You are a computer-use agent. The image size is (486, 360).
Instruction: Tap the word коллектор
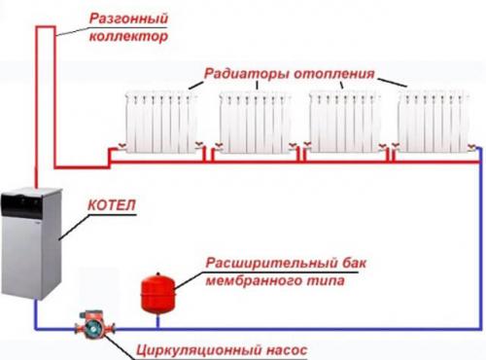tap(121, 38)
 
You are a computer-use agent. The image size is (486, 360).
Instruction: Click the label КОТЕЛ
tap(109, 205)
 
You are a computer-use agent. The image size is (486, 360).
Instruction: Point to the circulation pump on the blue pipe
tap(89, 324)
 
